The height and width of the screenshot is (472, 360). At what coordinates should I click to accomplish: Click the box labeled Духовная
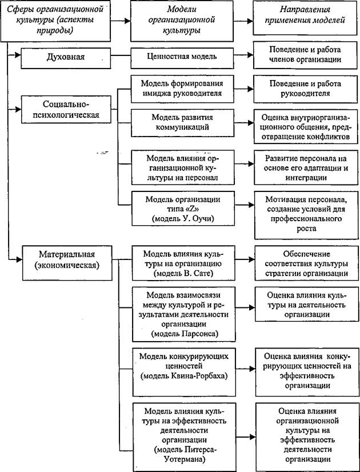(66, 57)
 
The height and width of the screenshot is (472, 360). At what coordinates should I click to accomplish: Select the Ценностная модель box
(182, 56)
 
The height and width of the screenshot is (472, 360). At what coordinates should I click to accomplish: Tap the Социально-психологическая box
(67, 110)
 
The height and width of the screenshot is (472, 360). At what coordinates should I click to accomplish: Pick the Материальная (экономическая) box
(67, 259)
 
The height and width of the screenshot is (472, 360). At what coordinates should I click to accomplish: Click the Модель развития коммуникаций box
(182, 122)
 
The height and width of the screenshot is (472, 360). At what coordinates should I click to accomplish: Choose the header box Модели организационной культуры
(182, 21)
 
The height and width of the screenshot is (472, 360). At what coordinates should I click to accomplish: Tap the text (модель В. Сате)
(183, 274)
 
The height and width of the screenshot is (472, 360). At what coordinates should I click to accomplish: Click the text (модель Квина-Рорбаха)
(183, 375)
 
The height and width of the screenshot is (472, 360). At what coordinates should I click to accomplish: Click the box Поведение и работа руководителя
(305, 89)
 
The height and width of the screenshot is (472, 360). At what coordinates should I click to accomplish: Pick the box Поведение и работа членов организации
(305, 54)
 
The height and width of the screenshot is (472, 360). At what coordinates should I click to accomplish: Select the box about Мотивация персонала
(306, 214)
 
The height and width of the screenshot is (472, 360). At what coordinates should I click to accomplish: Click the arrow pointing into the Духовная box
(14, 55)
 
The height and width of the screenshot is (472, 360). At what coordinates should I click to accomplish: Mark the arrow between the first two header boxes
(121, 21)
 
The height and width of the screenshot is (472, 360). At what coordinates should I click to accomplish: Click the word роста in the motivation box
(306, 229)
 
